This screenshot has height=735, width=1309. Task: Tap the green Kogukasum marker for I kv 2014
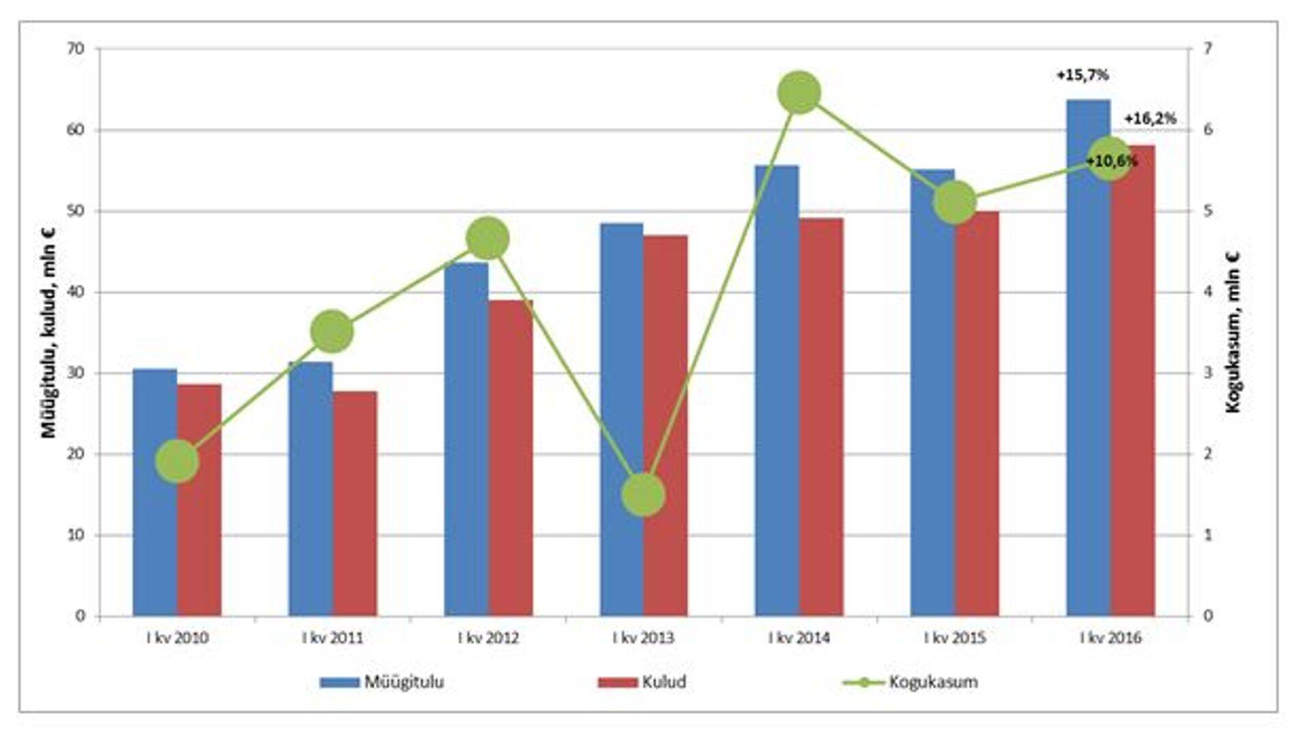(x=799, y=93)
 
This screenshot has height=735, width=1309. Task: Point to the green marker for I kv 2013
(x=643, y=494)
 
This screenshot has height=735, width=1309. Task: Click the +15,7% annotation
(x=1082, y=75)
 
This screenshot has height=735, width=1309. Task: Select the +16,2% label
(x=1150, y=119)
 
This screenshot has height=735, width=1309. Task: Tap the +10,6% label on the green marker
(x=1111, y=162)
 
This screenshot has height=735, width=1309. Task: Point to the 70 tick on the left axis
(x=76, y=49)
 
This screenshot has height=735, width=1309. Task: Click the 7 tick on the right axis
(x=1208, y=49)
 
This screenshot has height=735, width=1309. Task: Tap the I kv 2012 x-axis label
(x=487, y=638)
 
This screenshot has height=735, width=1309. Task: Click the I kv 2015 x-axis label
(x=954, y=638)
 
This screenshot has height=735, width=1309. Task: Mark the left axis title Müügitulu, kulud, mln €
(x=49, y=331)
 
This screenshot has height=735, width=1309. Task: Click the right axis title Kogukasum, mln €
(x=1233, y=331)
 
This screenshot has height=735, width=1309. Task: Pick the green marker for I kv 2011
(x=332, y=331)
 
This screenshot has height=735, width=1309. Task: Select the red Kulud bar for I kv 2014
(x=821, y=416)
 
